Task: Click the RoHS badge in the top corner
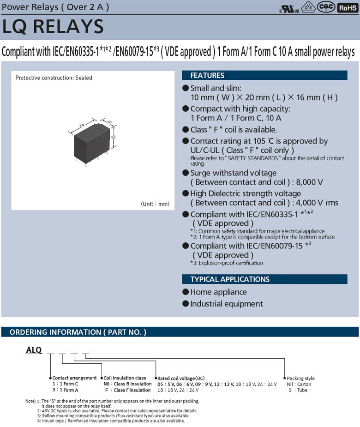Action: click(x=348, y=7)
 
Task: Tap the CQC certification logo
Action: click(x=327, y=7)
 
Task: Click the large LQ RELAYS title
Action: click(x=53, y=27)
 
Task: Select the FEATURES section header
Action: click(x=207, y=75)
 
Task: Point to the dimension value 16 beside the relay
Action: click(x=112, y=137)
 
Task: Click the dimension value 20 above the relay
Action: click(x=81, y=125)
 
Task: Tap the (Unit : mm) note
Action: click(x=155, y=204)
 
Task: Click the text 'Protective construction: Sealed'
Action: click(x=54, y=78)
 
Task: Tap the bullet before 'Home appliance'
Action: click(x=186, y=292)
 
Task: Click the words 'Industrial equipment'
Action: click(x=226, y=304)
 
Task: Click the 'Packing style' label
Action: click(x=300, y=378)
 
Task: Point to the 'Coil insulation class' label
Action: click(x=125, y=378)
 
